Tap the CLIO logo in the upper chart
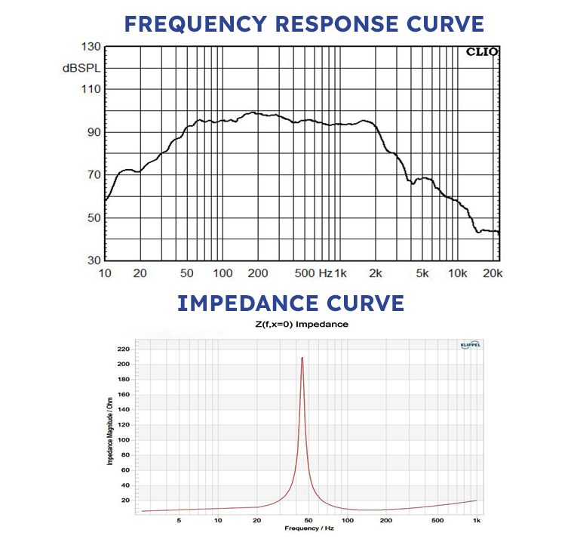[x=480, y=52]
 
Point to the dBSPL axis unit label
[x=81, y=68]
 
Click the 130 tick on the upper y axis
[x=91, y=47]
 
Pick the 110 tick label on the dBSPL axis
[x=91, y=89]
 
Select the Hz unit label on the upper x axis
[x=325, y=273]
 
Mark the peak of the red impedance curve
[x=302, y=358]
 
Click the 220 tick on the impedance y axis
[x=123, y=349]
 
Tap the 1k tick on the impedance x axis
[x=476, y=520]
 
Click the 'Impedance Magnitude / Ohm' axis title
[x=111, y=429]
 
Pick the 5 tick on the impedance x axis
[x=179, y=520]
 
